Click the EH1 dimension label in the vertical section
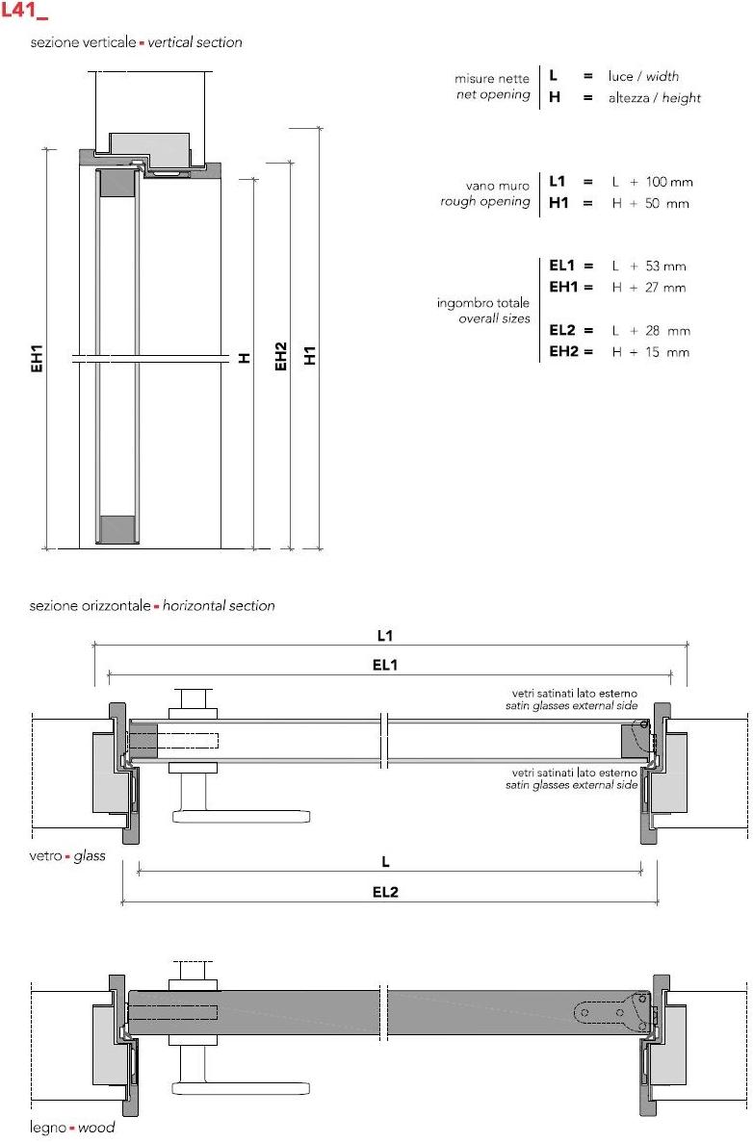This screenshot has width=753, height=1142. (x=38, y=359)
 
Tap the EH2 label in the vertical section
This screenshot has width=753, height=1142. (x=281, y=357)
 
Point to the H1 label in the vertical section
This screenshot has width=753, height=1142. (x=310, y=355)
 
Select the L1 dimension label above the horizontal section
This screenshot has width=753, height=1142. (x=384, y=636)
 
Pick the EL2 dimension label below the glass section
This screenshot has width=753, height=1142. (x=385, y=892)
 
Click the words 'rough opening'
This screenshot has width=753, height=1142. (x=485, y=202)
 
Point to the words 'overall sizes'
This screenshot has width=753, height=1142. (x=494, y=318)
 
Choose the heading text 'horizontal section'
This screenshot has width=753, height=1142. (x=219, y=606)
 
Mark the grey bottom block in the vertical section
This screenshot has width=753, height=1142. (x=117, y=529)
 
